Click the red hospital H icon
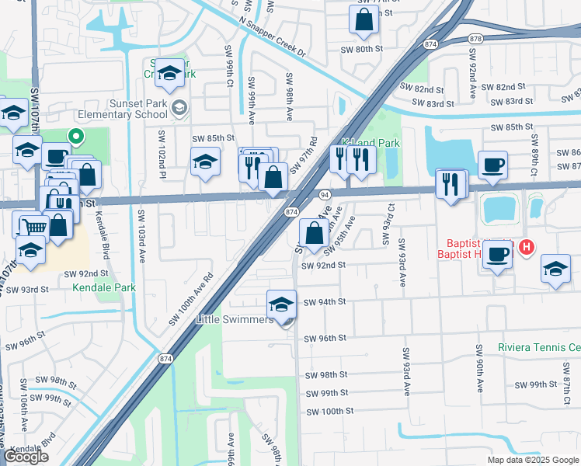[x=527, y=248]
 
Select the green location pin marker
[x=76, y=136]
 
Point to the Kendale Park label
[x=104, y=287]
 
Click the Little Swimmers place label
[x=235, y=319]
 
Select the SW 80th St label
[x=363, y=48]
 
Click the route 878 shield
[x=476, y=38]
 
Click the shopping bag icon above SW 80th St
[x=364, y=19]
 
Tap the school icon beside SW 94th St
[x=281, y=304]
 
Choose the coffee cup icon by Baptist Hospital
[x=497, y=253]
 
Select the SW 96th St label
[x=325, y=339]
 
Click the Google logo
[x=26, y=457]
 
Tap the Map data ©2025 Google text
[x=532, y=460]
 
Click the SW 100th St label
[x=330, y=411]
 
